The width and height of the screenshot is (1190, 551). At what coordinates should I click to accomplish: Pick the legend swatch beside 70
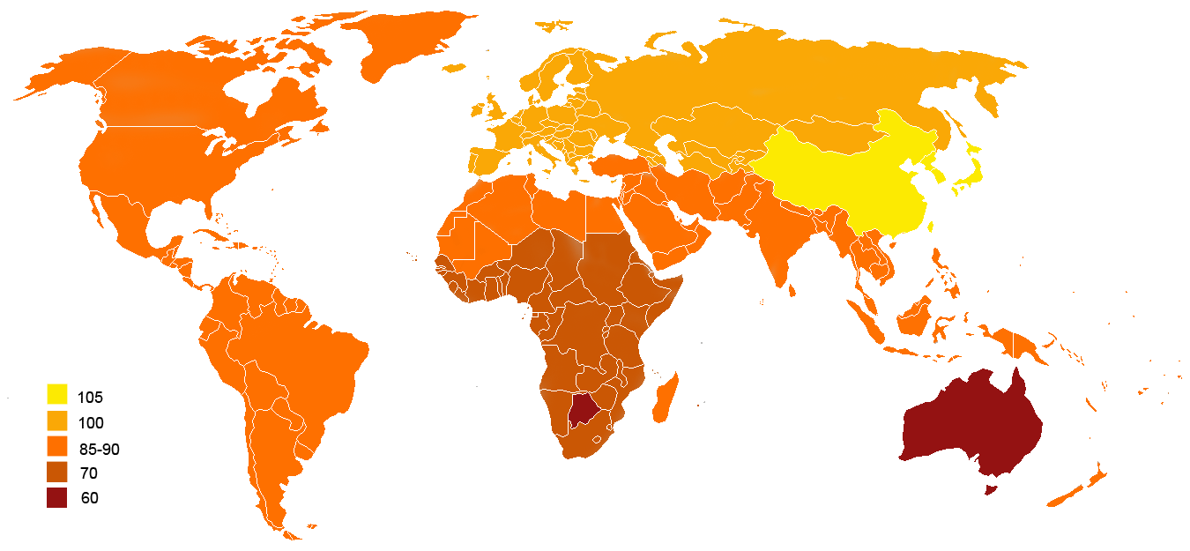coord(57,472)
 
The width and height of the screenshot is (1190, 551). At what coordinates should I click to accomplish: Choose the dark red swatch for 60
coord(57,497)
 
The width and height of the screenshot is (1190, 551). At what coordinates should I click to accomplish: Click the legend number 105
coord(90,398)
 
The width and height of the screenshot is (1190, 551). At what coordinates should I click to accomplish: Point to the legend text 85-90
coord(98,449)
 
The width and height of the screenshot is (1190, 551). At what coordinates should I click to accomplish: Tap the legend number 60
coord(89,498)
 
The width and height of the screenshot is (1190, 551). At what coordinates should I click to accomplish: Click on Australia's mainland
coord(970,423)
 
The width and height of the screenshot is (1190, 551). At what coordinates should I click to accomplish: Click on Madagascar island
coord(664,397)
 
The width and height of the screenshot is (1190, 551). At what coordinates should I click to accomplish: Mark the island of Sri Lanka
coord(792,287)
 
